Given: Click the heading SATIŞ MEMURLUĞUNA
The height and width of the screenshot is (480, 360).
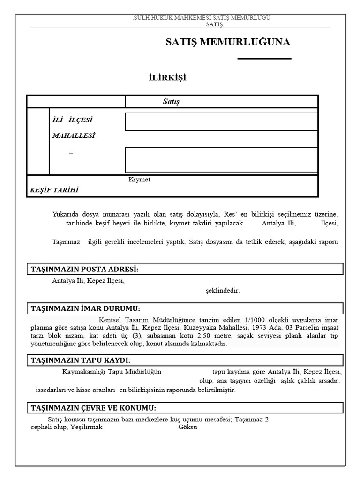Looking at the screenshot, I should coord(228,42).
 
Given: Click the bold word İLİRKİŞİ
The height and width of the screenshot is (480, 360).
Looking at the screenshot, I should coord(167,78).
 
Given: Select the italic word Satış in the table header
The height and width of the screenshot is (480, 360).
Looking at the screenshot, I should coord(171,102).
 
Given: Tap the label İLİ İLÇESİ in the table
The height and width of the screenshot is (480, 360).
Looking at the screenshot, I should coord(76,120).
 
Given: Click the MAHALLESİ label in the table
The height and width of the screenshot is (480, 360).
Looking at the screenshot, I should coord(74,135).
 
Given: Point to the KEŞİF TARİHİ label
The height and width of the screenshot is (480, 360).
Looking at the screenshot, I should coord(54,190).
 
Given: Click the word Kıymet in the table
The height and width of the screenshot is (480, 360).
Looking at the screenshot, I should coord(139,180).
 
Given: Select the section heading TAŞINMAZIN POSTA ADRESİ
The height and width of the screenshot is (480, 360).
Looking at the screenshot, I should coord(85,269).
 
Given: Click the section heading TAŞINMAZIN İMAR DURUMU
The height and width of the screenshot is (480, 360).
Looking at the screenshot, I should coord(85,308).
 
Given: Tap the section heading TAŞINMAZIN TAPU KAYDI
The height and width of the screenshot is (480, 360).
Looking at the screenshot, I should coord(81,360).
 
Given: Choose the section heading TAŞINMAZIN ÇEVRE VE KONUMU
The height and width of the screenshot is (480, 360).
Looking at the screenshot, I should coord(93,408).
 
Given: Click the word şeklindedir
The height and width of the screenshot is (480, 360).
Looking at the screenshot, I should coord(223,291).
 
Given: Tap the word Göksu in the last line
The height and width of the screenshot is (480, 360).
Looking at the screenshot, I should coord(188,427).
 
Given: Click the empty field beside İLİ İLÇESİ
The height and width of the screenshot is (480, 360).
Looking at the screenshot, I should coord(221,122).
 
